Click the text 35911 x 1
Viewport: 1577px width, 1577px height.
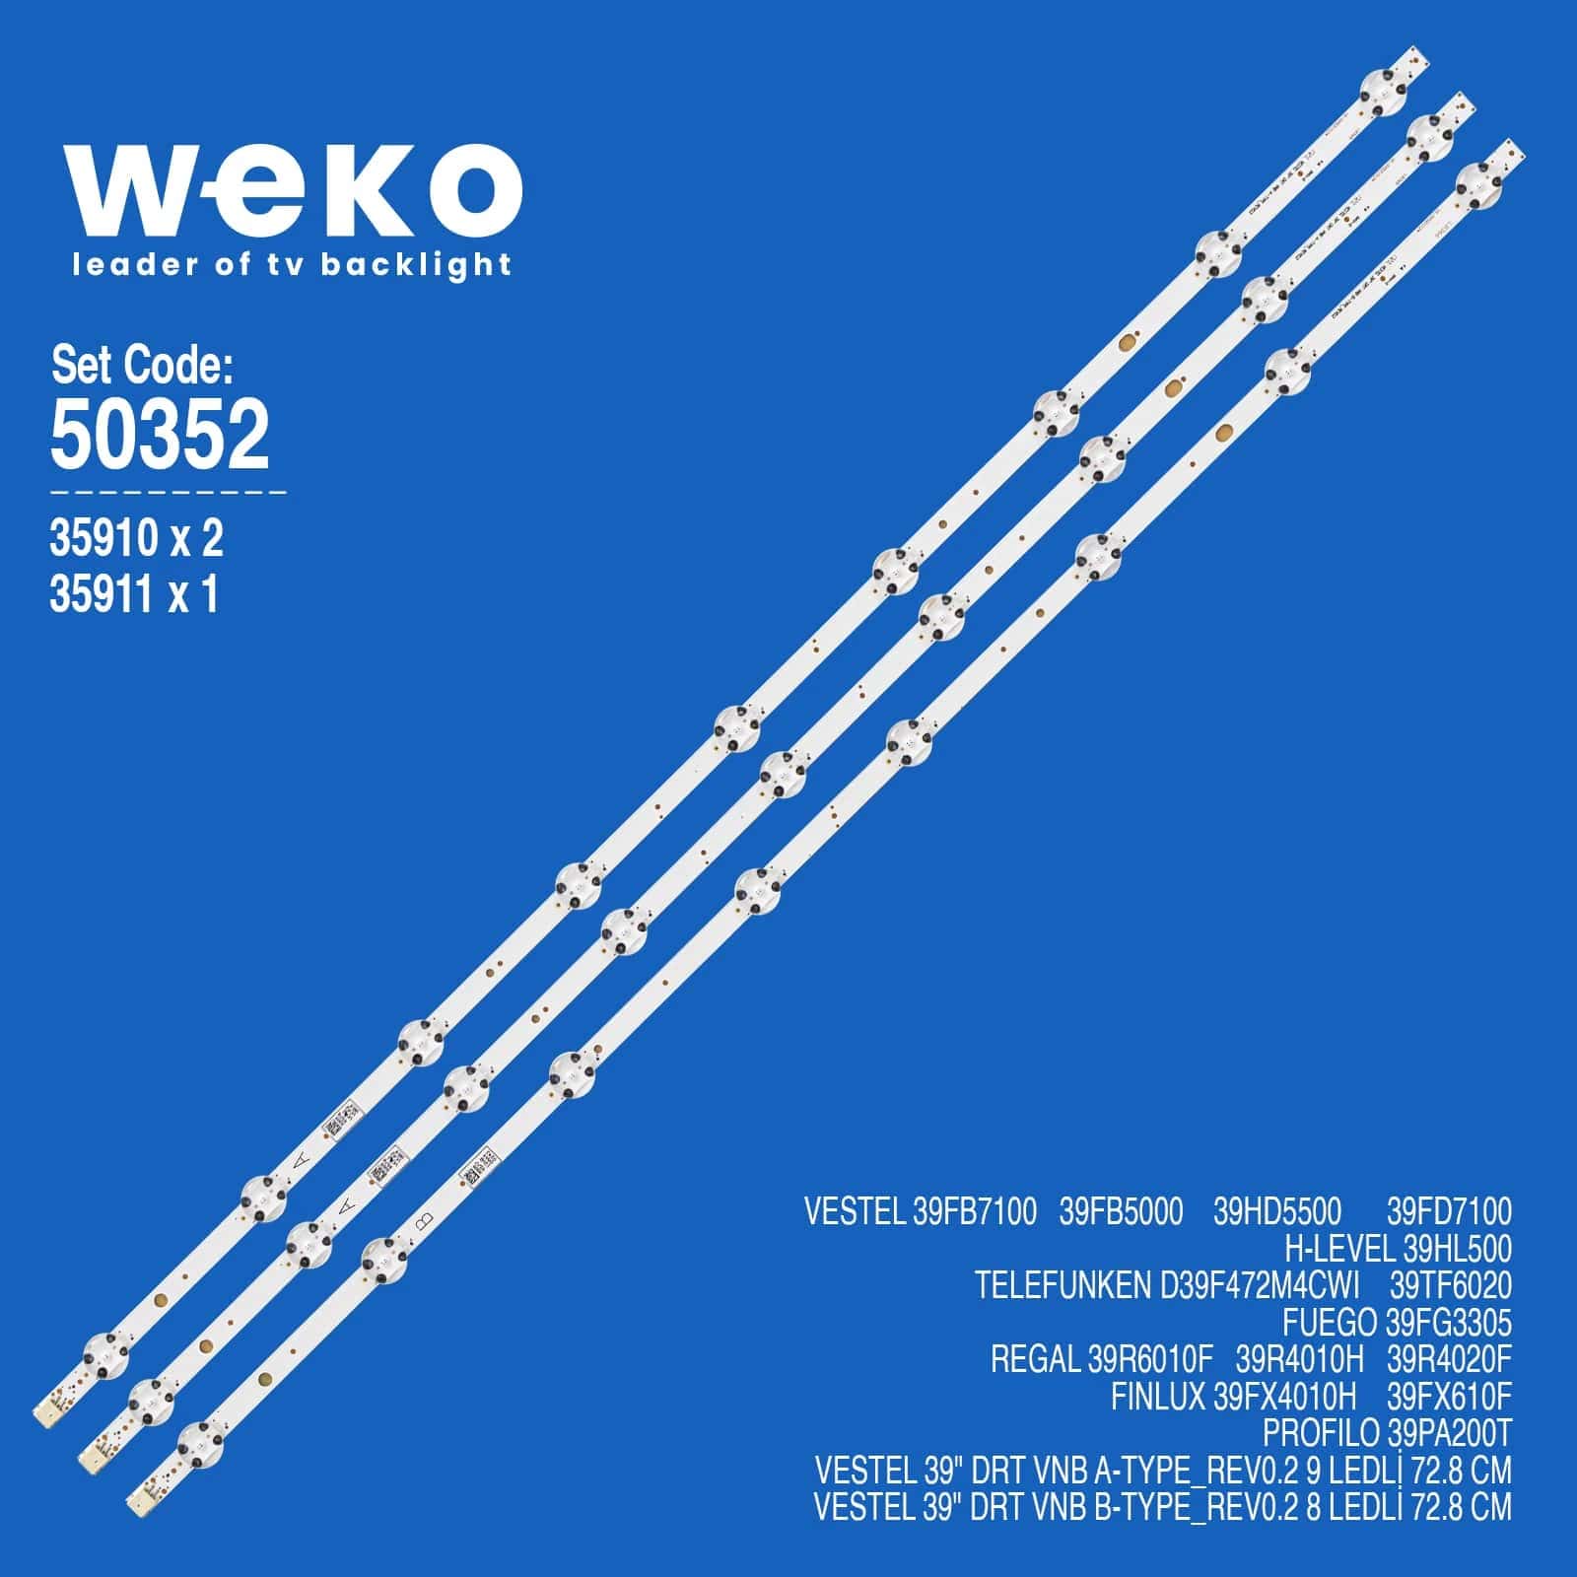[133, 594]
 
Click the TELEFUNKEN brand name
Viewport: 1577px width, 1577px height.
[1062, 1285]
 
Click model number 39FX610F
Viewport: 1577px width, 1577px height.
[1449, 1396]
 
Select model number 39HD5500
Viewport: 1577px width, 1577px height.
[1277, 1211]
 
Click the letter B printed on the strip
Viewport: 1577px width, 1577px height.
[426, 1220]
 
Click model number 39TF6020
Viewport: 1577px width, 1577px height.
[1450, 1285]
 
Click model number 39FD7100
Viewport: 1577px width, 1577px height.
[1449, 1211]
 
